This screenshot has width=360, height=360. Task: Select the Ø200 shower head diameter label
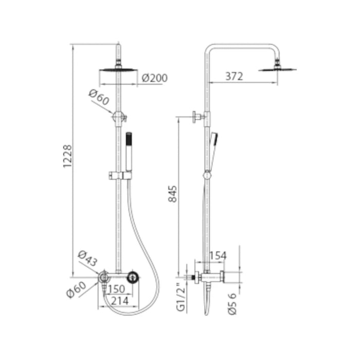(154, 78)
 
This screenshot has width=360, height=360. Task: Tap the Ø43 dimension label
(87, 257)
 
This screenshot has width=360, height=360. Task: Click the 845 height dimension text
(173, 193)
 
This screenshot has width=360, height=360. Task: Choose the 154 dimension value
(218, 256)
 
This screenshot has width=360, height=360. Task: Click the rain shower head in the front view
(119, 68)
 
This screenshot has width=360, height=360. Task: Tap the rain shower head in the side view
(277, 68)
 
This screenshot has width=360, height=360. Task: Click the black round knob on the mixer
(134, 278)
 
